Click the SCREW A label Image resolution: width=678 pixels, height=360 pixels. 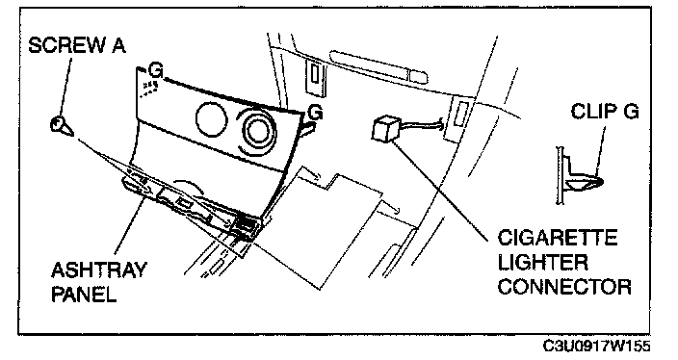77,45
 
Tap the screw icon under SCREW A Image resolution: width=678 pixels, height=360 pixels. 61,126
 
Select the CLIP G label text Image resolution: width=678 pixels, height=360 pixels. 605,112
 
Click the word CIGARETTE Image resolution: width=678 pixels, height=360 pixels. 558,238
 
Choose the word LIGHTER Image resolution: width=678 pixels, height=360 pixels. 542,263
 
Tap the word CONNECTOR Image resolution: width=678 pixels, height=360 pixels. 564,287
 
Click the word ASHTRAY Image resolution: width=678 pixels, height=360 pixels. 99,270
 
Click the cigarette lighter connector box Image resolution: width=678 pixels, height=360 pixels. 385,129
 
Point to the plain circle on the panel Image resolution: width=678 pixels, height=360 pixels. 211,118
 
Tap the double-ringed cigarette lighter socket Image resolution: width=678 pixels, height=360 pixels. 258,131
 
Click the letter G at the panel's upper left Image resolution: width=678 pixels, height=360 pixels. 156,70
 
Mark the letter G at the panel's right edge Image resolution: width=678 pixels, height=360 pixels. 316,113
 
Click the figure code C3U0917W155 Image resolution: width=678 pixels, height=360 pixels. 597,346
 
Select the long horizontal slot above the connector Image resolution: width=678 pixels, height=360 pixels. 378,67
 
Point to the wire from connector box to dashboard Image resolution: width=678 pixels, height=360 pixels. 420,125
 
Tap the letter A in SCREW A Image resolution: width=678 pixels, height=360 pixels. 118,45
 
